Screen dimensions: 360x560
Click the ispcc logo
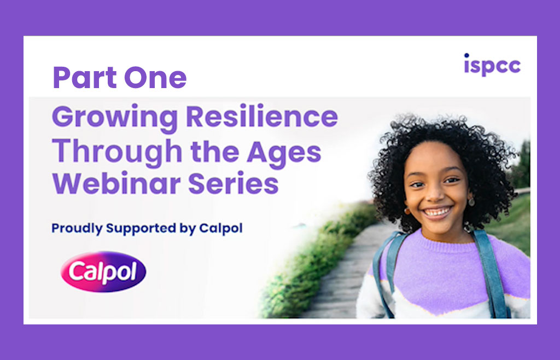[x=492, y=65]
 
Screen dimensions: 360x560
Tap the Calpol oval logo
[x=103, y=271]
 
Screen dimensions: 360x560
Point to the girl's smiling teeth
[x=437, y=210]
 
